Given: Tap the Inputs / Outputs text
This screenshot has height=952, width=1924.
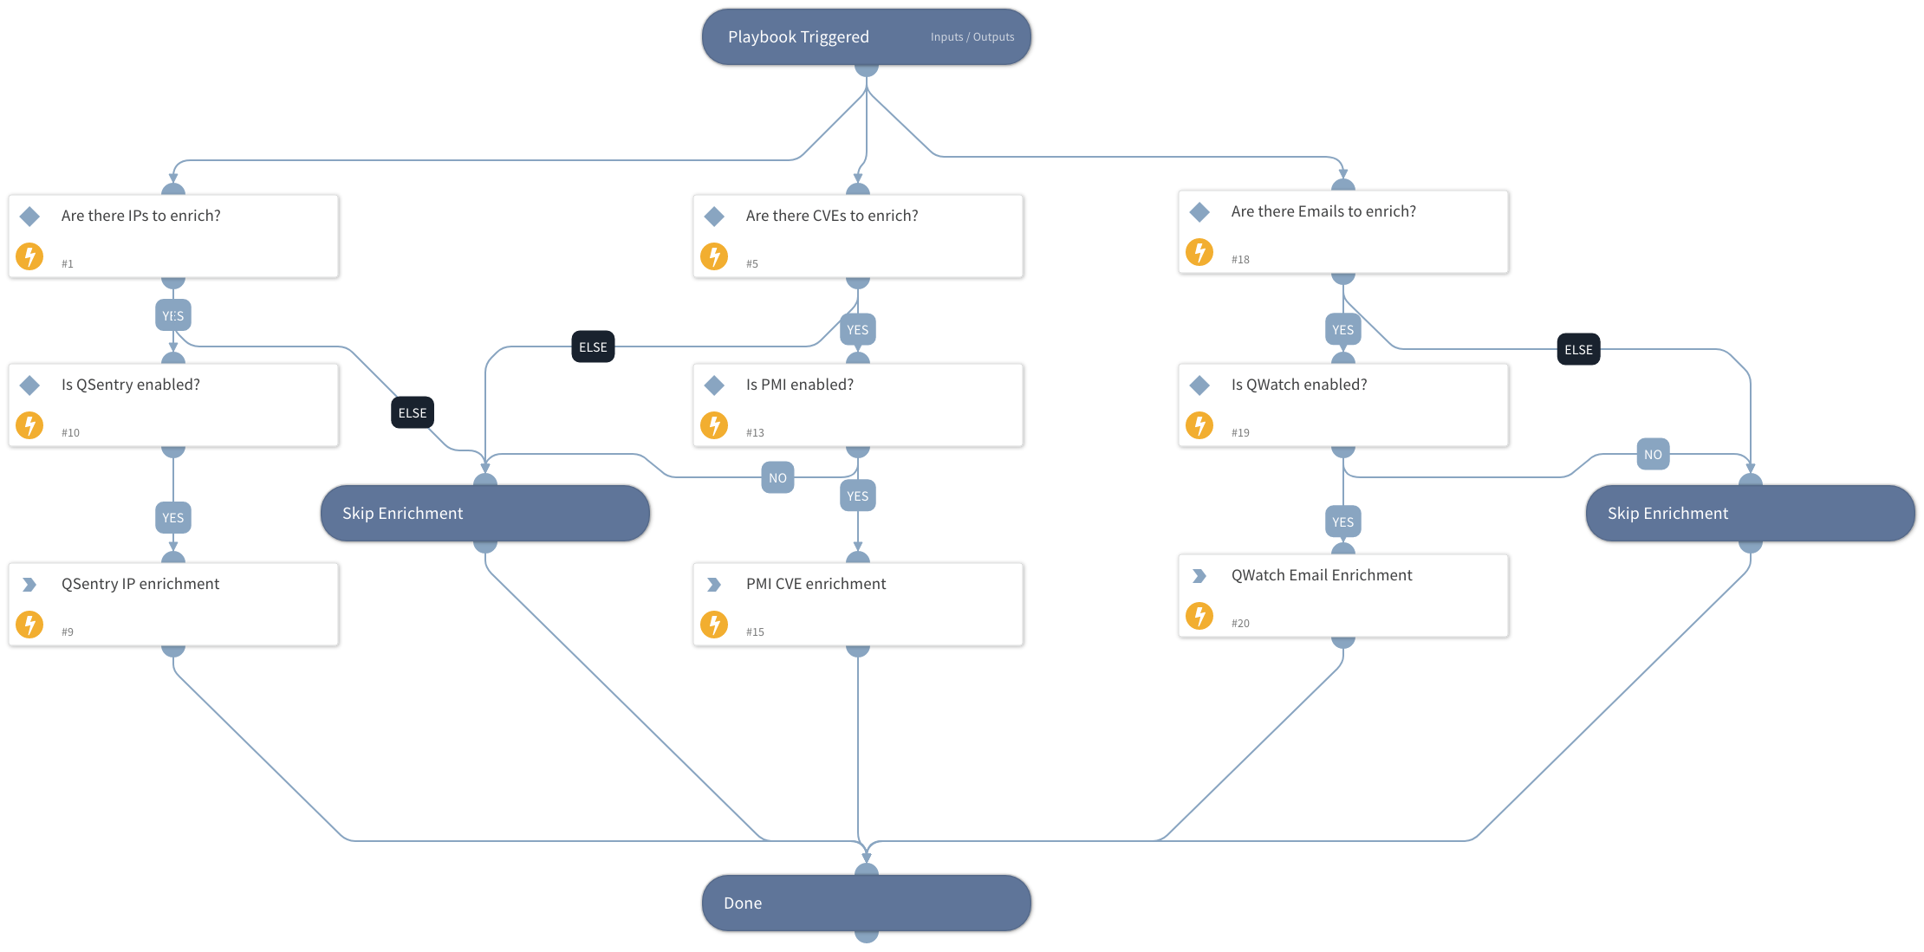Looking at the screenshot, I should (972, 37).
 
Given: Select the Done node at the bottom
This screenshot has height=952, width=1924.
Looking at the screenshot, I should (866, 903).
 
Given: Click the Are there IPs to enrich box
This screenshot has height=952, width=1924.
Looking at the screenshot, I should (173, 236).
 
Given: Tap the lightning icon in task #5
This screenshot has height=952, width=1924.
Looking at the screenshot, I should (714, 256).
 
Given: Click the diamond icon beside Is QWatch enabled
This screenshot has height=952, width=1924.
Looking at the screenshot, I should (1199, 385).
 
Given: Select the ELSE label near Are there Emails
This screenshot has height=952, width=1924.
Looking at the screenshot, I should (1578, 350).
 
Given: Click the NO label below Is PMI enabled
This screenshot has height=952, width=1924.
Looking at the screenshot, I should (777, 478).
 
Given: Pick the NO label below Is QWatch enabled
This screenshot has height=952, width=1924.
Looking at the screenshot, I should (1653, 455).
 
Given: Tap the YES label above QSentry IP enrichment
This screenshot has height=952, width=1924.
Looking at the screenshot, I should (173, 518).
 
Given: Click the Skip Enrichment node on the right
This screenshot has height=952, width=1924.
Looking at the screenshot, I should (1750, 513).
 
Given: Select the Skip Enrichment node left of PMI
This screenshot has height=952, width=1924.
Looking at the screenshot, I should (484, 513).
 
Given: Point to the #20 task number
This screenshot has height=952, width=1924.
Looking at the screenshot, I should (1240, 624).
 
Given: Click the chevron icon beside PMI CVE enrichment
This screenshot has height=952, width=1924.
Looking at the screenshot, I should (714, 585).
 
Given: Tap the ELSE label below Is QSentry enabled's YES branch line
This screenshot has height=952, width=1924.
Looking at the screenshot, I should (413, 413).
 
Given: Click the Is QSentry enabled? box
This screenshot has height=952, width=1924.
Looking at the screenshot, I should (173, 405).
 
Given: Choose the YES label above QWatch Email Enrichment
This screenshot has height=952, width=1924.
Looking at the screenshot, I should (1342, 522).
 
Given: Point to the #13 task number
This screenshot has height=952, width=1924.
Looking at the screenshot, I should (755, 433).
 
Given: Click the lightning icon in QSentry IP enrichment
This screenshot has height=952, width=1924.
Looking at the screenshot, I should (30, 625).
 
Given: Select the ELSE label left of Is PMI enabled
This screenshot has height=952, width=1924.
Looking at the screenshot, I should (593, 347).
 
